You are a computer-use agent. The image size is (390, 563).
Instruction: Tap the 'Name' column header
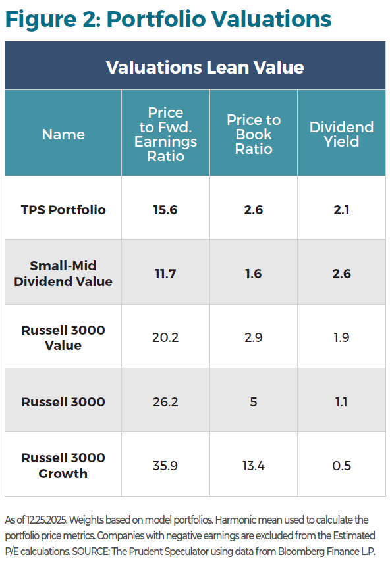coord(63,134)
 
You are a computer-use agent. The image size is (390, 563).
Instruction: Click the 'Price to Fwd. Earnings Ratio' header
coord(165,134)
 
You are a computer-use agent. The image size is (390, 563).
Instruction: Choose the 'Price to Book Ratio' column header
coord(254,134)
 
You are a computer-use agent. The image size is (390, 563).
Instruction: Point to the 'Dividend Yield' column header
coord(341,134)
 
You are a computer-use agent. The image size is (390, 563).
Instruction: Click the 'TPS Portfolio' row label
coord(63,210)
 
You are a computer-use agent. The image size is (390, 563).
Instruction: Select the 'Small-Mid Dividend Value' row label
coord(63,274)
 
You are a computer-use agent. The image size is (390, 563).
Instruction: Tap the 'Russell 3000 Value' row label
coord(63,337)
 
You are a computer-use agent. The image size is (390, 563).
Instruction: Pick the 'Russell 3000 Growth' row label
coord(63,466)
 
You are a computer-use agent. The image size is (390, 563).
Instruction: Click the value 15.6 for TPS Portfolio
coord(165,210)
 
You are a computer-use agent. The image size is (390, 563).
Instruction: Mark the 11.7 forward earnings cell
coord(165,274)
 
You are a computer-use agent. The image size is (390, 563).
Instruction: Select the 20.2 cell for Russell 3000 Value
coord(165,337)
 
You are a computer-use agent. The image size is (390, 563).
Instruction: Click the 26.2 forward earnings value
coord(165,402)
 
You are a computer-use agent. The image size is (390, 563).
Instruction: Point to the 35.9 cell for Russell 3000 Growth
coord(165,466)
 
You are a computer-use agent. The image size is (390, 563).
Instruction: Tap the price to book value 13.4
coord(254,466)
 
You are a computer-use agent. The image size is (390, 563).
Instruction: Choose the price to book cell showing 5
coord(254,402)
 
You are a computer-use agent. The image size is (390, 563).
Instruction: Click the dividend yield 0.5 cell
coord(341,466)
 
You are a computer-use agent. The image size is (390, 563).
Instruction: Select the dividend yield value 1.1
coord(341,402)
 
